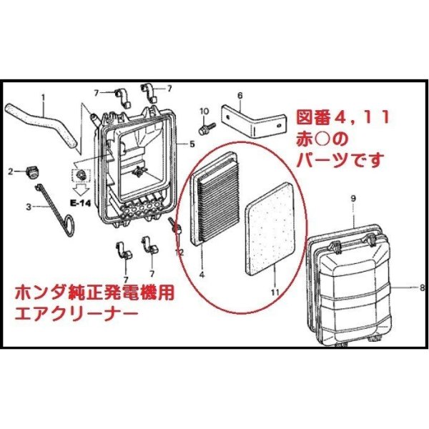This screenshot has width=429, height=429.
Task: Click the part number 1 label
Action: pos(43,97)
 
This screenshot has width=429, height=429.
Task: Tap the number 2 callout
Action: pos(11,171)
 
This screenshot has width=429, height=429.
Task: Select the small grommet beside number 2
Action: pos(31,170)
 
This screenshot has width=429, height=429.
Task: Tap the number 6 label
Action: pos(240,95)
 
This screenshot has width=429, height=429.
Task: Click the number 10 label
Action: pos(203,111)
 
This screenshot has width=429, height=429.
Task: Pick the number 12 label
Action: pos(179,252)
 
